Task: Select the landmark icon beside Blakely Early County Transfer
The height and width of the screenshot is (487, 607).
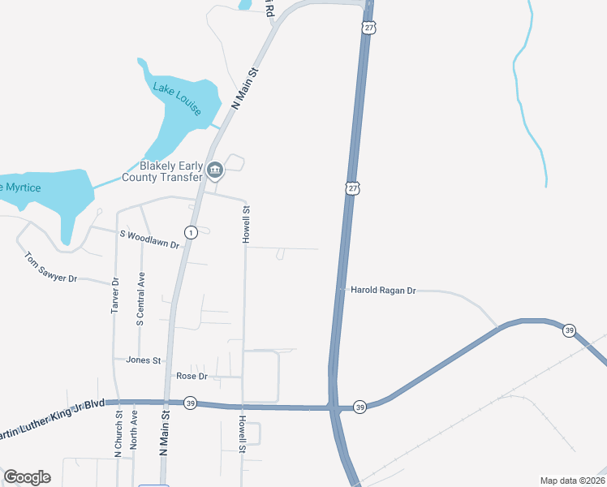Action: (215, 170)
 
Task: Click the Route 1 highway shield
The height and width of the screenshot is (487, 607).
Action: (191, 233)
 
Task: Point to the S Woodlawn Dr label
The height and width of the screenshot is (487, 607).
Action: (149, 239)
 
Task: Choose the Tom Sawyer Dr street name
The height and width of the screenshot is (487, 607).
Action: (50, 268)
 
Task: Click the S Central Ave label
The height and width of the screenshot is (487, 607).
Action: (140, 300)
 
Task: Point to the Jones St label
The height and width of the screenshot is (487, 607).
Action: (144, 360)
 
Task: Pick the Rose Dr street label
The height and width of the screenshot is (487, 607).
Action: (192, 377)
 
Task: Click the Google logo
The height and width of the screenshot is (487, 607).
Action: (27, 477)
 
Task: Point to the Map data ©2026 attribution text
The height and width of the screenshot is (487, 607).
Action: (572, 481)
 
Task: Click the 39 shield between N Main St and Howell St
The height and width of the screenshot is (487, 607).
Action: (190, 403)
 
